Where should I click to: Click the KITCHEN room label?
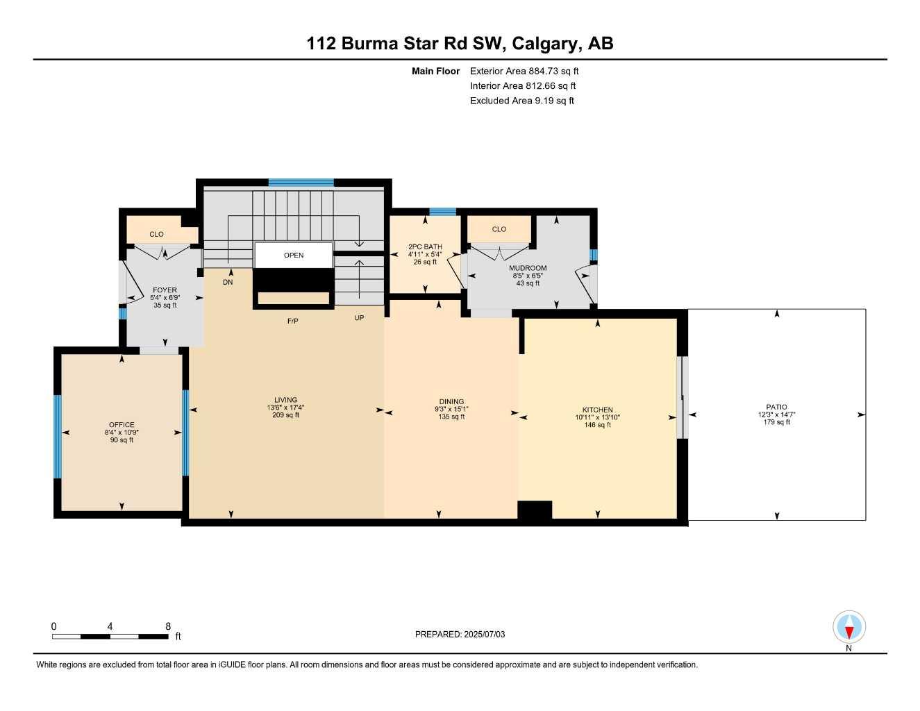(x=597, y=410)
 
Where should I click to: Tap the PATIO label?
(x=776, y=407)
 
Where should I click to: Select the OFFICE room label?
(x=122, y=425)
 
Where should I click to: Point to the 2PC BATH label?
(x=425, y=246)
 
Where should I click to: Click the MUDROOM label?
(x=528, y=268)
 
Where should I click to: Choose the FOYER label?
(x=165, y=290)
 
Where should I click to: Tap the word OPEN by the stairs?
(x=294, y=255)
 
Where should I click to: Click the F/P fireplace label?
(x=293, y=321)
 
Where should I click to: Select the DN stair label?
(x=228, y=283)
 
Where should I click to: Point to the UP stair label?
(x=359, y=318)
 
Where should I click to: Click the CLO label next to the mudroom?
(x=499, y=229)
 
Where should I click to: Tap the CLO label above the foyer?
(x=157, y=234)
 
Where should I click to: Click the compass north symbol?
(x=848, y=628)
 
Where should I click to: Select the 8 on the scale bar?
(x=168, y=626)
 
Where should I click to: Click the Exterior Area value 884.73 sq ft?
(x=553, y=71)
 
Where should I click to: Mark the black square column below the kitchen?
(x=535, y=510)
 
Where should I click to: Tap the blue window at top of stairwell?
(x=301, y=183)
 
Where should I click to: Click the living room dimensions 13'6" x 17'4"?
(x=285, y=408)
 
